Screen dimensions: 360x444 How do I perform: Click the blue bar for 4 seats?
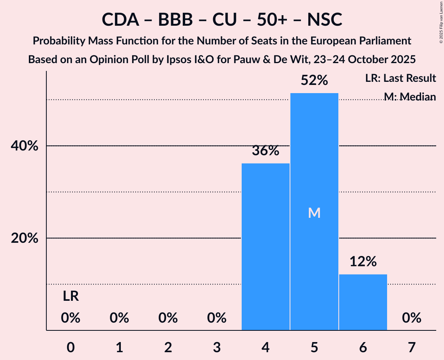(x=265, y=247)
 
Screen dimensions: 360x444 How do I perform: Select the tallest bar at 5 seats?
(x=314, y=212)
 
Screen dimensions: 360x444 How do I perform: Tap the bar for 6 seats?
(x=363, y=302)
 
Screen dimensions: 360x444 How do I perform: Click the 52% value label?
(x=314, y=81)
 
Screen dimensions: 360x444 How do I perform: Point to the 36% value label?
(x=265, y=151)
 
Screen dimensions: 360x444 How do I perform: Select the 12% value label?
(x=363, y=262)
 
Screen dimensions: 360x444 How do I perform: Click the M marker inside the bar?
(x=314, y=213)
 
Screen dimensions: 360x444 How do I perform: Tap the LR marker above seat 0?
(x=71, y=297)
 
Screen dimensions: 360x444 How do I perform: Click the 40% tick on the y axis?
(x=24, y=146)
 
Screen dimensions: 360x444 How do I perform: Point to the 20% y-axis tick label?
(x=24, y=238)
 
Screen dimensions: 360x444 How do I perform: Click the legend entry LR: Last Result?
(x=401, y=78)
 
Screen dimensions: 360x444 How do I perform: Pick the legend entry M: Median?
(x=410, y=96)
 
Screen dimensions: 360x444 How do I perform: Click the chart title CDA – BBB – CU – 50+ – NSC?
(x=222, y=19)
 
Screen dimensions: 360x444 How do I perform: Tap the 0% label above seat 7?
(x=412, y=318)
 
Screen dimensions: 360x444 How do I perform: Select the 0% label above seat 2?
(x=168, y=318)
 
